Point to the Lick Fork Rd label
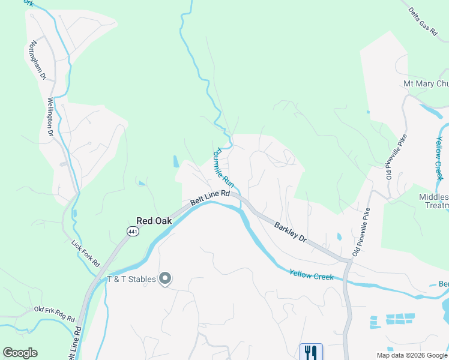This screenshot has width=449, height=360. (85, 253)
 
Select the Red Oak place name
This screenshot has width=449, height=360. (154, 221)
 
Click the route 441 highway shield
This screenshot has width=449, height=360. (131, 231)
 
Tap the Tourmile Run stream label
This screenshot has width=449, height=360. (223, 167)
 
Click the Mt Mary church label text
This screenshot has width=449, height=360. (426, 84)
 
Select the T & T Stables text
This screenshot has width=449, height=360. (131, 279)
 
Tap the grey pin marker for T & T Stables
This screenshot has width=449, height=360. (166, 279)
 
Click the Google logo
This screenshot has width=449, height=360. (20, 353)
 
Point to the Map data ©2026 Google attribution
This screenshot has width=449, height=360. (412, 355)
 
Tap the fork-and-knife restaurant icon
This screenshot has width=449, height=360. (311, 352)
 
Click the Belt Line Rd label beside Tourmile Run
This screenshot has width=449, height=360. (210, 198)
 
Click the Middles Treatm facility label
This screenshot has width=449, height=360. (433, 201)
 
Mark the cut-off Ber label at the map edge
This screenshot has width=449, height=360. (443, 283)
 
